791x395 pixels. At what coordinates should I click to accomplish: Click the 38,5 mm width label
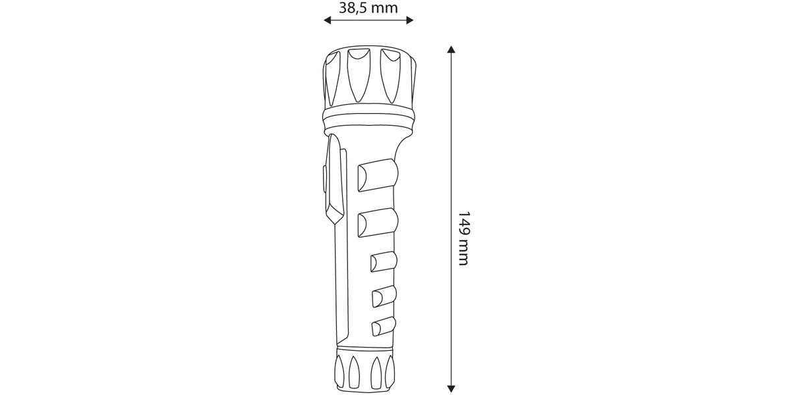click(368, 8)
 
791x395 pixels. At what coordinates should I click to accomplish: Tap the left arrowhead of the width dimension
click(328, 20)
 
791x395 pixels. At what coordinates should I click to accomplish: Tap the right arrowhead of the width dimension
click(409, 20)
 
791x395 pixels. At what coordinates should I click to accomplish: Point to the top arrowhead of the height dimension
click(451, 49)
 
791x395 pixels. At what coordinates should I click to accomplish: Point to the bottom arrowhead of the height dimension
click(451, 388)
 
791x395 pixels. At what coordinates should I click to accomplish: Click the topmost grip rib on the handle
click(378, 175)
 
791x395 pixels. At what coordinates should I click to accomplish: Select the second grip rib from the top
click(378, 223)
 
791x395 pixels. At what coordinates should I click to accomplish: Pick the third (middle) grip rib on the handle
click(384, 262)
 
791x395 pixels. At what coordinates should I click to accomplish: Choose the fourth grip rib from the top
click(384, 296)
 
